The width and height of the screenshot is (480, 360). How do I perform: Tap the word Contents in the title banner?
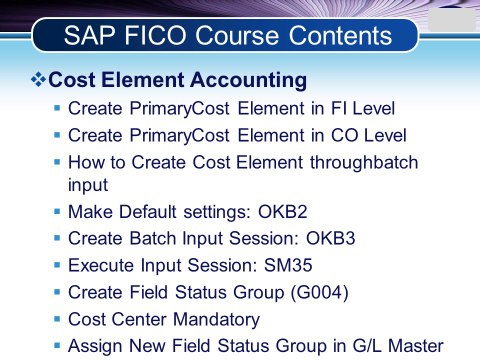(340, 35)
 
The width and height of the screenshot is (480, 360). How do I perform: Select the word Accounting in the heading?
(249, 81)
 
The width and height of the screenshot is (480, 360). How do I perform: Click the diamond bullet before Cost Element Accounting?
(38, 80)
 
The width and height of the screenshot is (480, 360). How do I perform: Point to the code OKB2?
(283, 212)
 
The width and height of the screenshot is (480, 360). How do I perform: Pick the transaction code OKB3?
(331, 238)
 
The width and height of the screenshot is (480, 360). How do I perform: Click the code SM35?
(288, 265)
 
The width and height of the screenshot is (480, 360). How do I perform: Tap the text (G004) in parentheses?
(320, 292)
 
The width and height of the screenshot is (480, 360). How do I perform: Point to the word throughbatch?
(364, 162)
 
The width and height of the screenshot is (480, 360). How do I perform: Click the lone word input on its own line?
(88, 185)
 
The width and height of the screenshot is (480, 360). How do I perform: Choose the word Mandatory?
(217, 319)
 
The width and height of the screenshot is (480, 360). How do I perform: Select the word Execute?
(101, 265)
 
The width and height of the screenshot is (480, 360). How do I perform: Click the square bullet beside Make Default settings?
(57, 211)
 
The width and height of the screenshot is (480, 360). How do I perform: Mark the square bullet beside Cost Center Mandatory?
(57, 319)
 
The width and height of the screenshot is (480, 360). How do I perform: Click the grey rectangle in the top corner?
(452, 20)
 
